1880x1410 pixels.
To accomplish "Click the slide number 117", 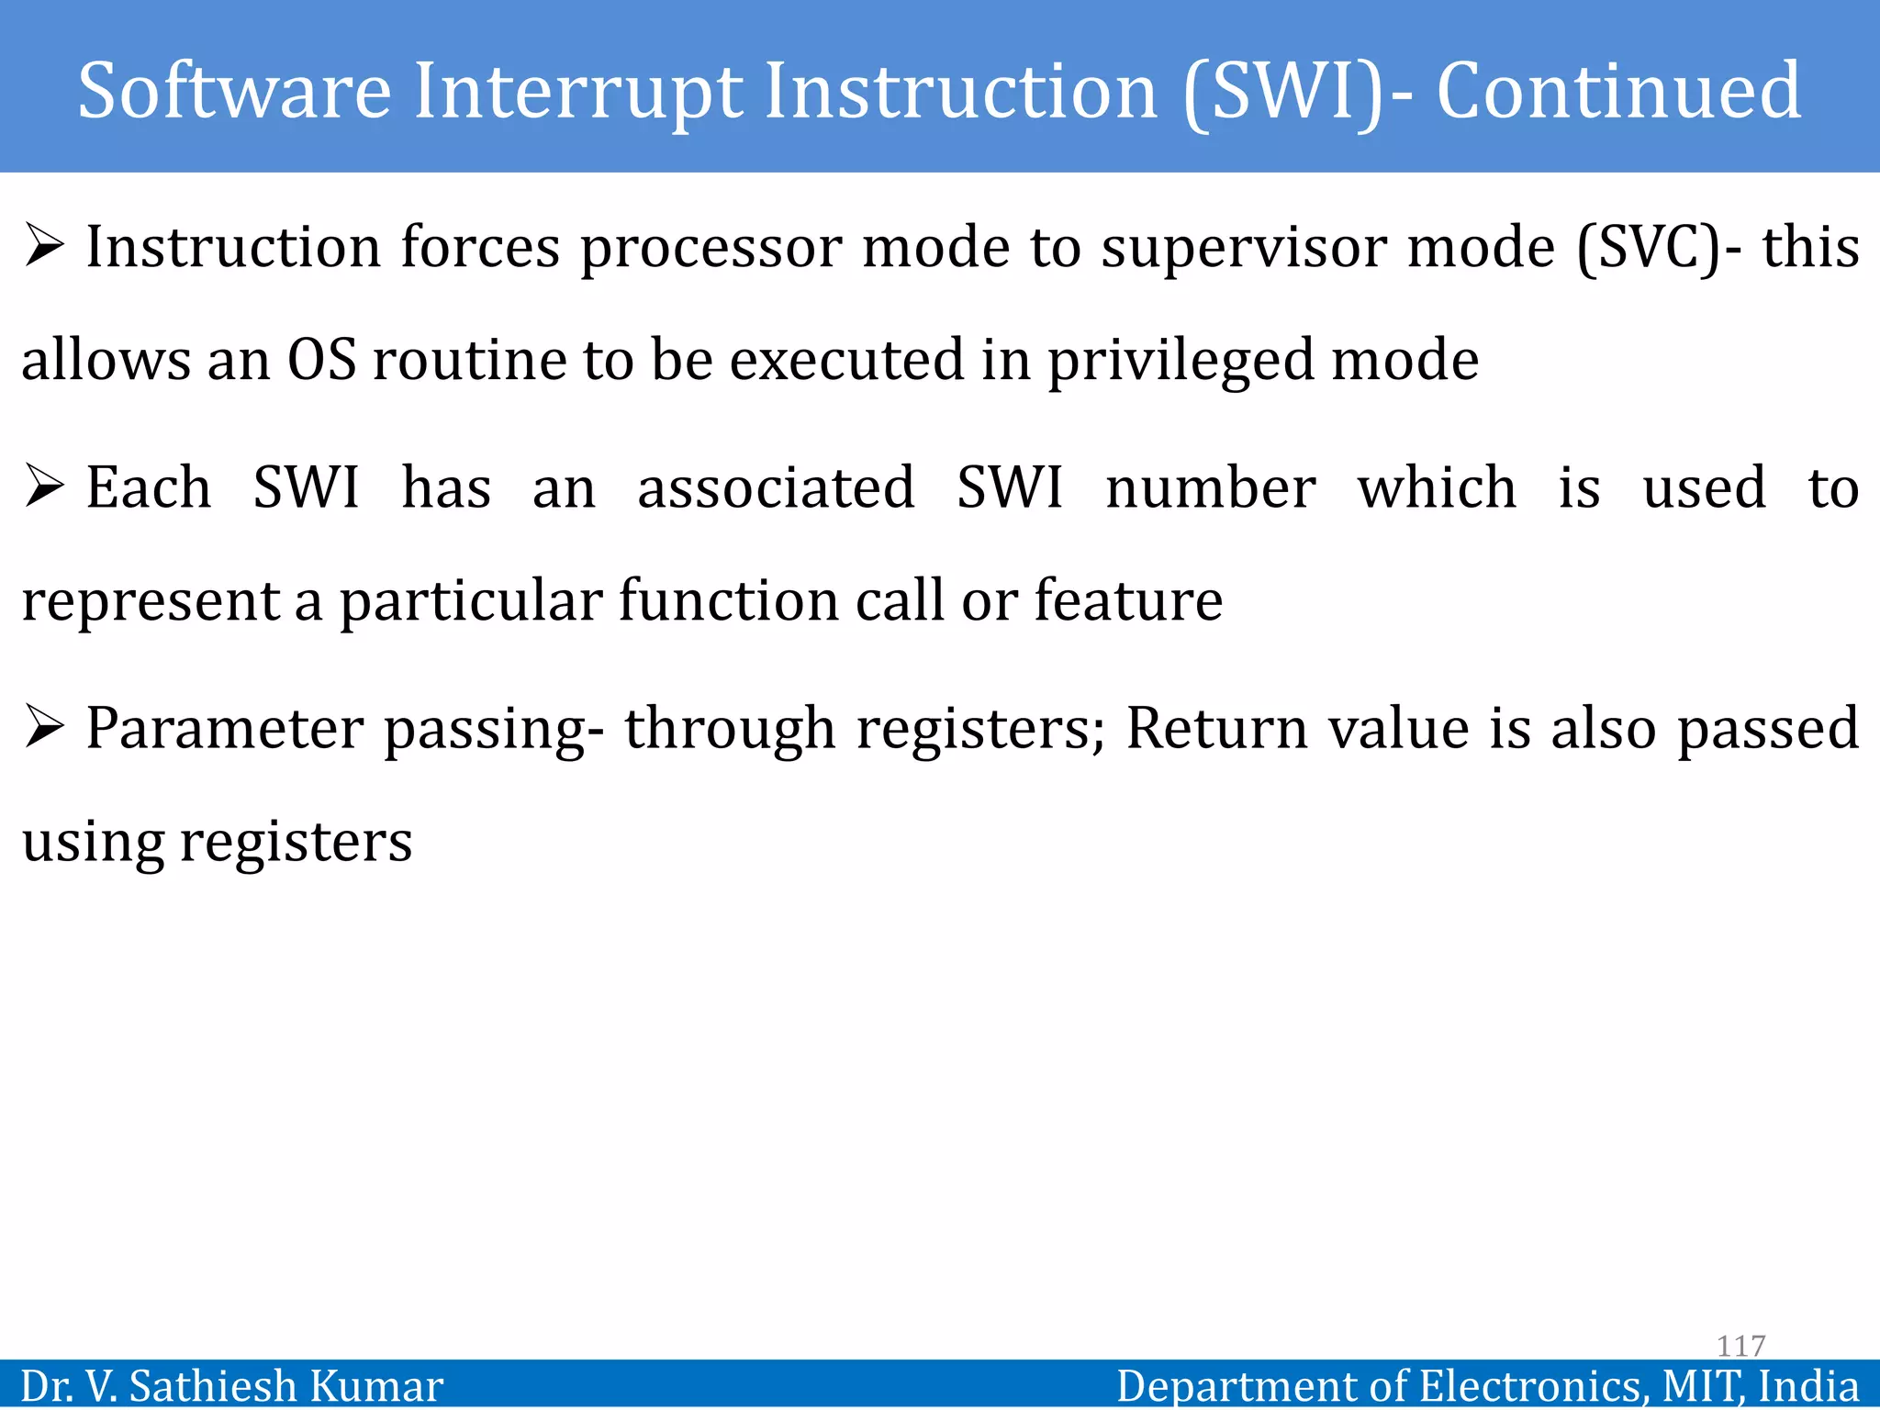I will [x=1740, y=1346].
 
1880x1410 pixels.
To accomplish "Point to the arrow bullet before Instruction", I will [x=44, y=247].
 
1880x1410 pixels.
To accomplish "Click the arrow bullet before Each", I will [x=44, y=487].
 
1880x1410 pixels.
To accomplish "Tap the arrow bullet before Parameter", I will [x=44, y=727].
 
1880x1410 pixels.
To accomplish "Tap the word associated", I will [x=776, y=487].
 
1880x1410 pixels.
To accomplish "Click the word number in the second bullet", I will [x=1210, y=487].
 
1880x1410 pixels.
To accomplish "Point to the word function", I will [x=728, y=600].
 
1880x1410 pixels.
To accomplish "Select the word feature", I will [x=1128, y=600].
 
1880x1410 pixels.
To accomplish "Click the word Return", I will [x=1216, y=728].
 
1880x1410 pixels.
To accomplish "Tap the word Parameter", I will [x=225, y=728].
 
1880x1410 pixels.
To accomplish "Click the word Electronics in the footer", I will [x=1529, y=1385].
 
